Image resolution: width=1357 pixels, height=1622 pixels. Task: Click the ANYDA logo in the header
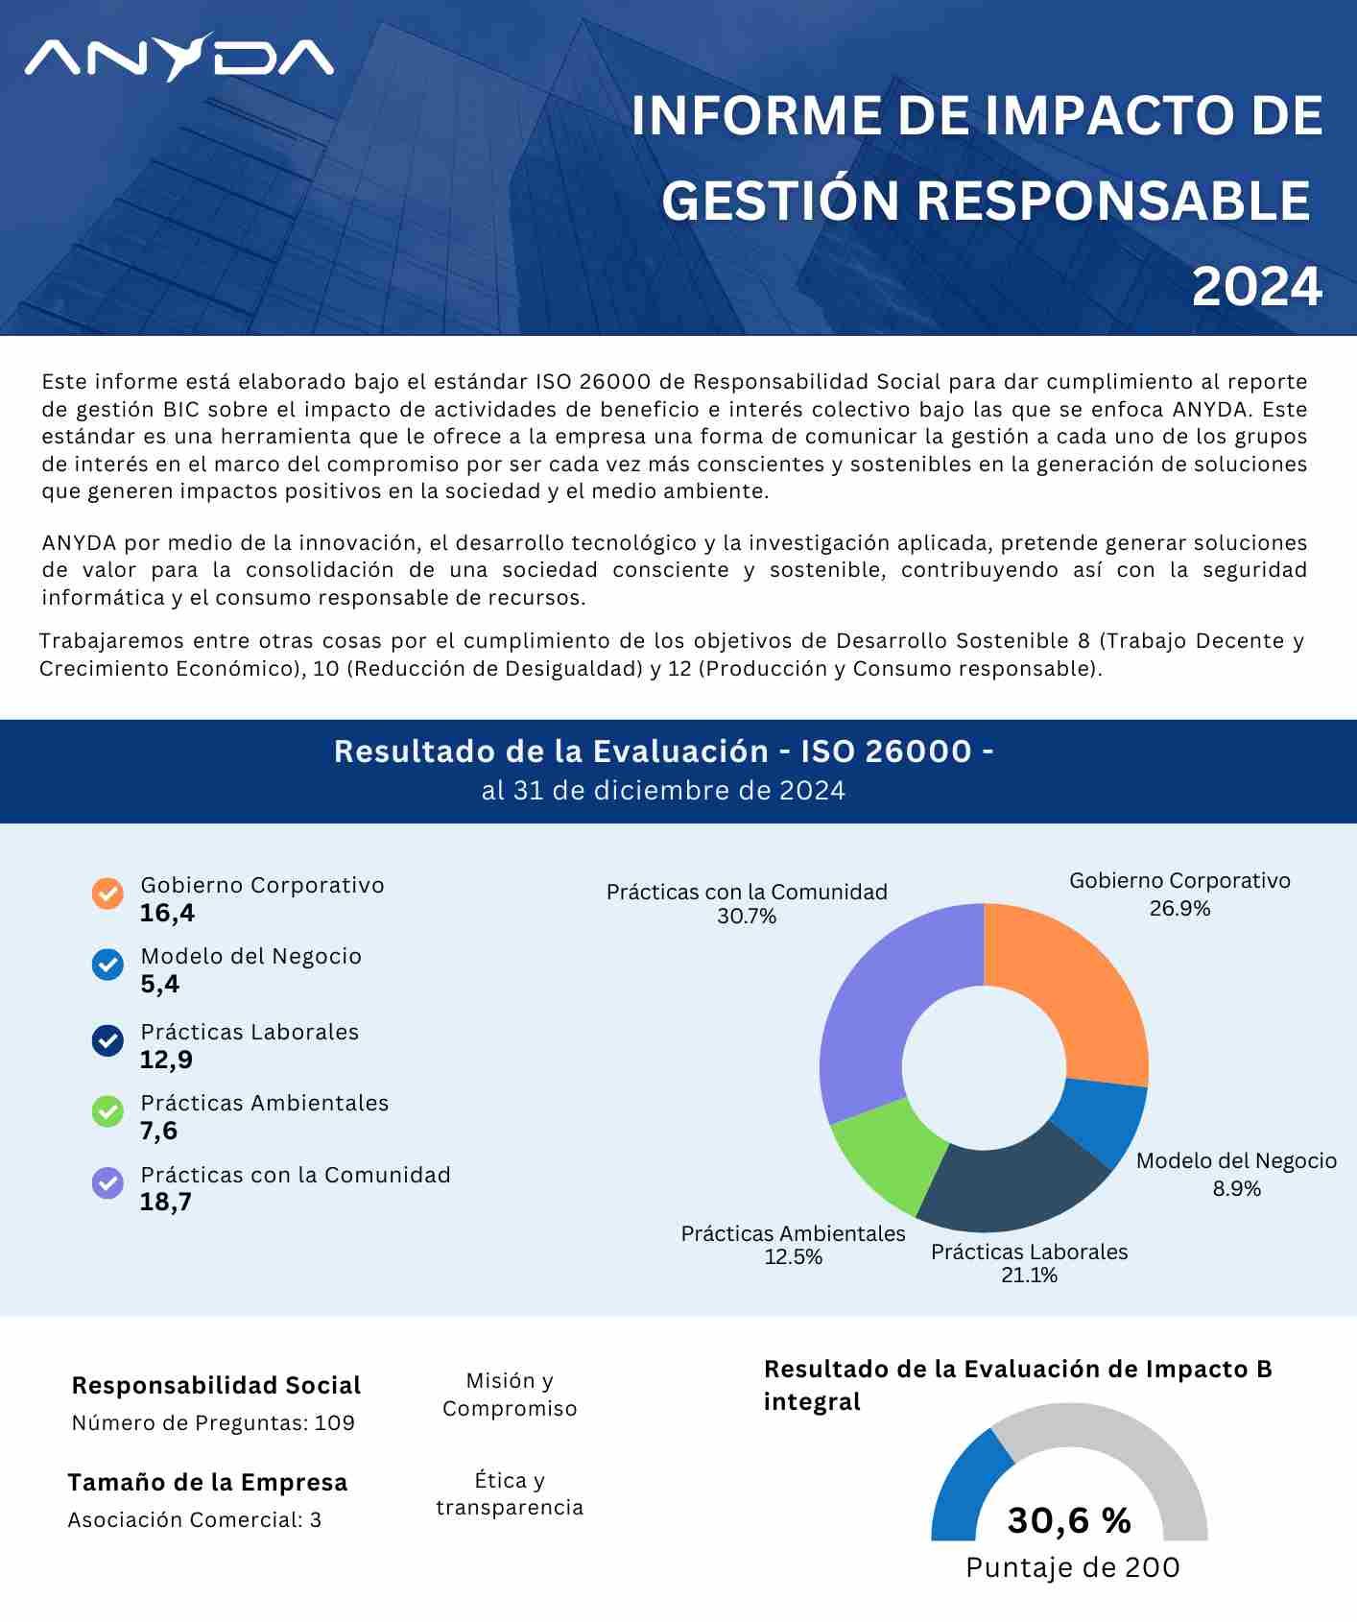[x=179, y=58]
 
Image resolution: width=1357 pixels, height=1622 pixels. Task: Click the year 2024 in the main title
[x=1256, y=287]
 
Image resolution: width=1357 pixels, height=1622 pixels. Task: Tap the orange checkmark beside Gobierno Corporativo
[x=107, y=894]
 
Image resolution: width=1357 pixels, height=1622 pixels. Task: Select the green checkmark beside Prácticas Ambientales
[x=107, y=1111]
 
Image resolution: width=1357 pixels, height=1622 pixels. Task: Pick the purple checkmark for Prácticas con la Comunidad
[x=107, y=1182]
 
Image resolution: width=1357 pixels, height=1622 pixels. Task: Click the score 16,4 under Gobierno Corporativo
[x=167, y=913]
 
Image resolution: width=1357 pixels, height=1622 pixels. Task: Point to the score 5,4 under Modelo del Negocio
[x=159, y=984]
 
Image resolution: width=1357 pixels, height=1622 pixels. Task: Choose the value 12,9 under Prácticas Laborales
[x=166, y=1060]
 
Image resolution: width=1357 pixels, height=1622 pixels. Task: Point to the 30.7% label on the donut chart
[x=747, y=917]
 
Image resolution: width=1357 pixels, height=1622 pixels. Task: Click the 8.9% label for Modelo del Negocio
[x=1236, y=1189]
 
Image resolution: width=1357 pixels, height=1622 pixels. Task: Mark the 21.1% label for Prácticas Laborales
[x=1029, y=1276]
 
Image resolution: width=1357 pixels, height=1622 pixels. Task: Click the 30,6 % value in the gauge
[x=1069, y=1520]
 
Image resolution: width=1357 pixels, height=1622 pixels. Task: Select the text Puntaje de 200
[x=1072, y=1567]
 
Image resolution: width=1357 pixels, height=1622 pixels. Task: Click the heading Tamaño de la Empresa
[x=207, y=1482]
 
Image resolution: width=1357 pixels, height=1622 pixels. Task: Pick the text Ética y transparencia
[x=510, y=1493]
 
